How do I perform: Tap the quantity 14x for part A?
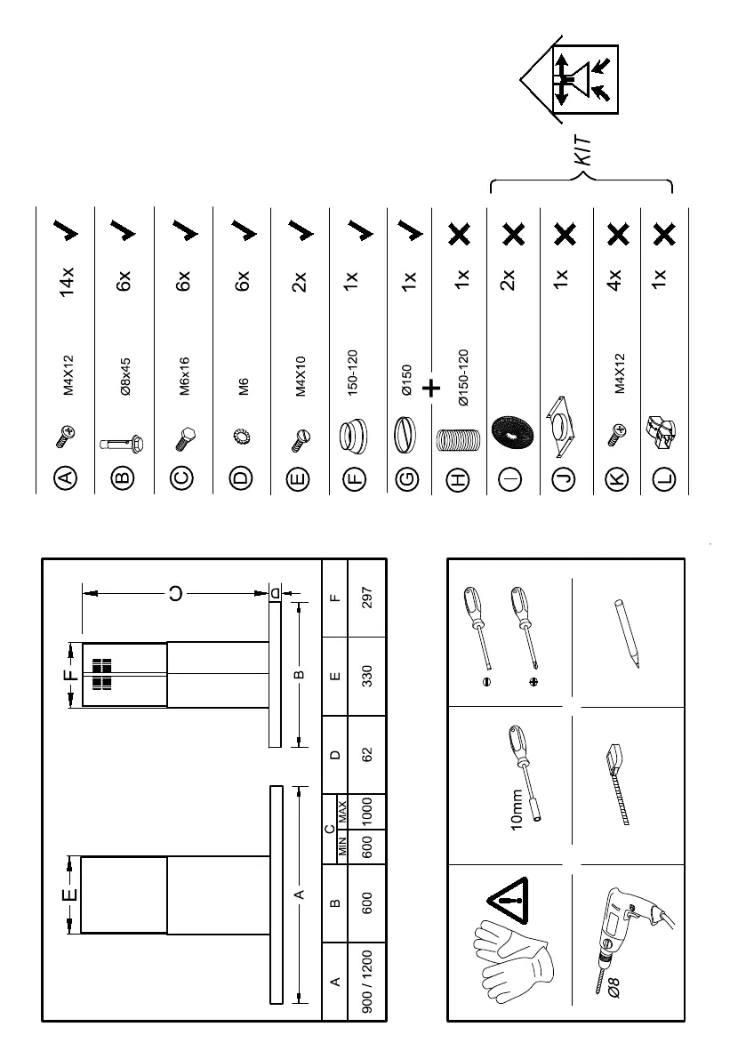67,284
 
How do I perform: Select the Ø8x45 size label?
125,376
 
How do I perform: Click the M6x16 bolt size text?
184,376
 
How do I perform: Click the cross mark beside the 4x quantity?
615,234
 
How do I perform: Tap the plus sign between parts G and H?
432,388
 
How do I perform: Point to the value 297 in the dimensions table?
367,598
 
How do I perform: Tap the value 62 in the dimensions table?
367,755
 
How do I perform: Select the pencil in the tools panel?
628,634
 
